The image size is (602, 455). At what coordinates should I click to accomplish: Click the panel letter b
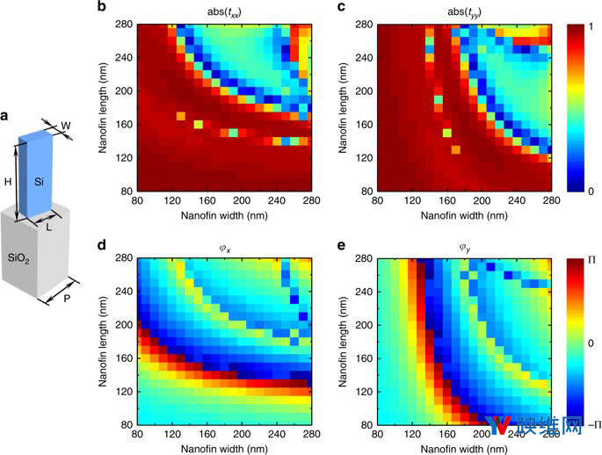[127, 8]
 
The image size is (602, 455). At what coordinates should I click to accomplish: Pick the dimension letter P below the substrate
[69, 297]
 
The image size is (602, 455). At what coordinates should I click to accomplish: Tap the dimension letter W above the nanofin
[66, 126]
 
